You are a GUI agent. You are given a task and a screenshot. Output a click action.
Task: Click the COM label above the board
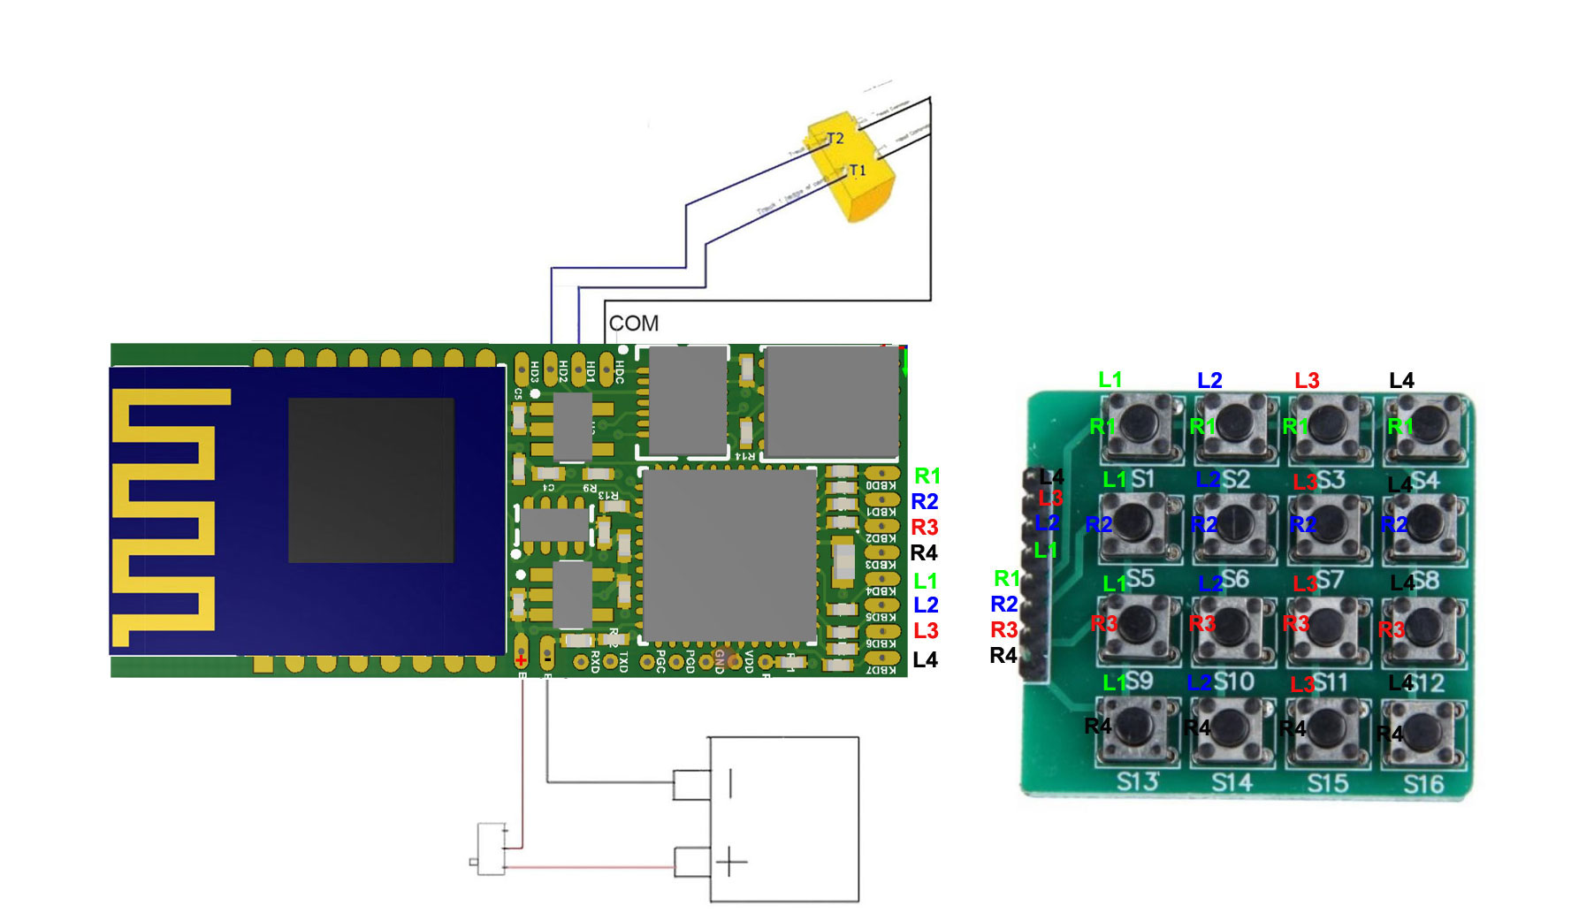tap(633, 323)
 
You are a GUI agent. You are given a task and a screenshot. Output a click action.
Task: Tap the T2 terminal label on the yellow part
tap(835, 139)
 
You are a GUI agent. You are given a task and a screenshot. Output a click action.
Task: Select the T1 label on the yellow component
tap(857, 171)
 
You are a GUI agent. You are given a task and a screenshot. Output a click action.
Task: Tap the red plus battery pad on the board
tap(521, 659)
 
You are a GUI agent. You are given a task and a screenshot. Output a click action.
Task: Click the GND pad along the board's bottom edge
tap(720, 660)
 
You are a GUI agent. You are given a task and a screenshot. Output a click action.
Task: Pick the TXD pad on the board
tap(610, 661)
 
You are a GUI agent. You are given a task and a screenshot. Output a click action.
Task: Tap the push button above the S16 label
tap(1423, 732)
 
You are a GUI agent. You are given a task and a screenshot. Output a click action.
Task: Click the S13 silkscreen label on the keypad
tap(1137, 781)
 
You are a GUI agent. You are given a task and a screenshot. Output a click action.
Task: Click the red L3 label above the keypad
tap(1307, 381)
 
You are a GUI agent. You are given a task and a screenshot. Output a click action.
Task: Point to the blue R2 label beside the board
tap(925, 502)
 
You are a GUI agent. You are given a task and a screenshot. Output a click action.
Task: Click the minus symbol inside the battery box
tap(730, 783)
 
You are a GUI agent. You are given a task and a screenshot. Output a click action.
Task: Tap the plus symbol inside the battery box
tap(730, 861)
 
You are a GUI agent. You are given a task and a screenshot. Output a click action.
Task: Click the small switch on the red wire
tap(490, 849)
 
